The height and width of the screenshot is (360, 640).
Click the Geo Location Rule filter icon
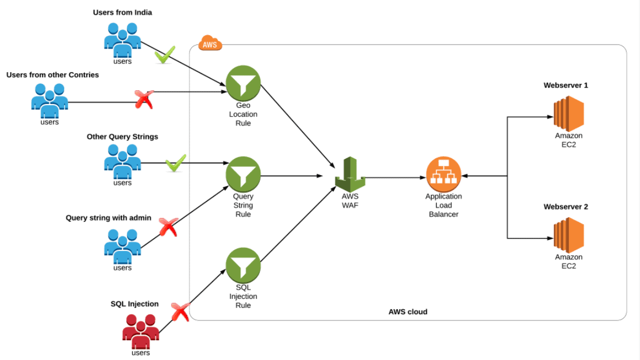coord(243,83)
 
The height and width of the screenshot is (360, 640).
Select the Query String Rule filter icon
coord(243,174)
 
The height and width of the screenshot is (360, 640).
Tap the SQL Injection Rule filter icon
coord(243,265)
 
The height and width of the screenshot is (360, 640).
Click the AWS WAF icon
coord(350,175)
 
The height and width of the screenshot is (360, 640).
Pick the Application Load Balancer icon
coord(443,174)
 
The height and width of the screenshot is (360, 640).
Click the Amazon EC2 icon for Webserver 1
coord(568,113)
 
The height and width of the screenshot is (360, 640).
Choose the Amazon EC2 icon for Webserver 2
coord(568,235)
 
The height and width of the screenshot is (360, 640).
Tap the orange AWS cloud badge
coord(210,43)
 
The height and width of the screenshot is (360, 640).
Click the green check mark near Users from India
coord(165,55)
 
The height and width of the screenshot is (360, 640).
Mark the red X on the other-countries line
coord(144,99)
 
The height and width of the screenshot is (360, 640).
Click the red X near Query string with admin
coord(168,227)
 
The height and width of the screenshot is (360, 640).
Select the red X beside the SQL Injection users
coord(180,312)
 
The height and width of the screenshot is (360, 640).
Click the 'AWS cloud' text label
coord(408,311)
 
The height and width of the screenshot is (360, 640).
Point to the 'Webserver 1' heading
coord(565,85)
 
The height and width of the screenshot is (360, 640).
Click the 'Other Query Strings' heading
coord(122,137)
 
